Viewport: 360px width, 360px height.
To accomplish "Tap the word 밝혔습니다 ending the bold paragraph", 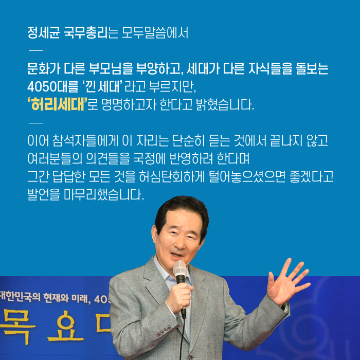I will [223, 107].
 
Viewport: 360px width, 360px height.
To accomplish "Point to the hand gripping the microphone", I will [179, 298].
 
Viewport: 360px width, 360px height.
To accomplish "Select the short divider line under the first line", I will [35, 50].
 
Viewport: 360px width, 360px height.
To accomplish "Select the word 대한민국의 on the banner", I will [17, 297].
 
